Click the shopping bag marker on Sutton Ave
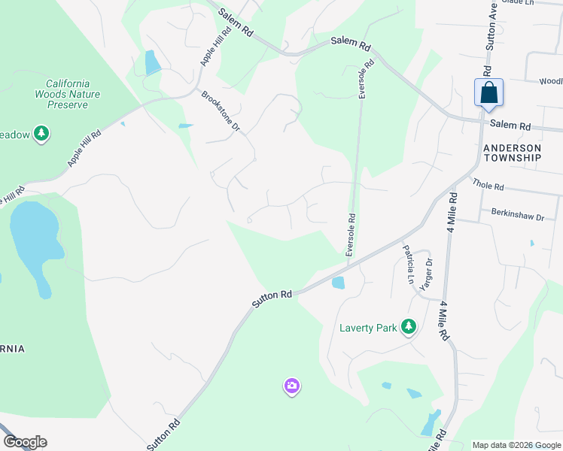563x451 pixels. coord(488,93)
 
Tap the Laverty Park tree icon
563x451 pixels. coord(409,326)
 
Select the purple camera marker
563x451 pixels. coord(291,386)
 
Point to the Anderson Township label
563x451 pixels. coord(512,153)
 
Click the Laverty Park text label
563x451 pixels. coord(367,328)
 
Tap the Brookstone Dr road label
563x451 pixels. coord(221,111)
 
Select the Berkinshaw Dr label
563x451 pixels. coord(517,216)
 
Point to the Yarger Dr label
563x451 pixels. coord(429,273)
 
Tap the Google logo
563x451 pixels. coord(24,442)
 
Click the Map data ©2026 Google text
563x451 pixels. coord(516,445)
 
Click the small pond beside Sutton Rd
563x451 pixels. coord(338,283)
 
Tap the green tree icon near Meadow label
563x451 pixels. coord(41,135)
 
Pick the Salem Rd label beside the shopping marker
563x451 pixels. coord(510,125)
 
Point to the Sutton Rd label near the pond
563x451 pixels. coord(272,298)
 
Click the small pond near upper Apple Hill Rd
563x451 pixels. coord(153,62)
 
